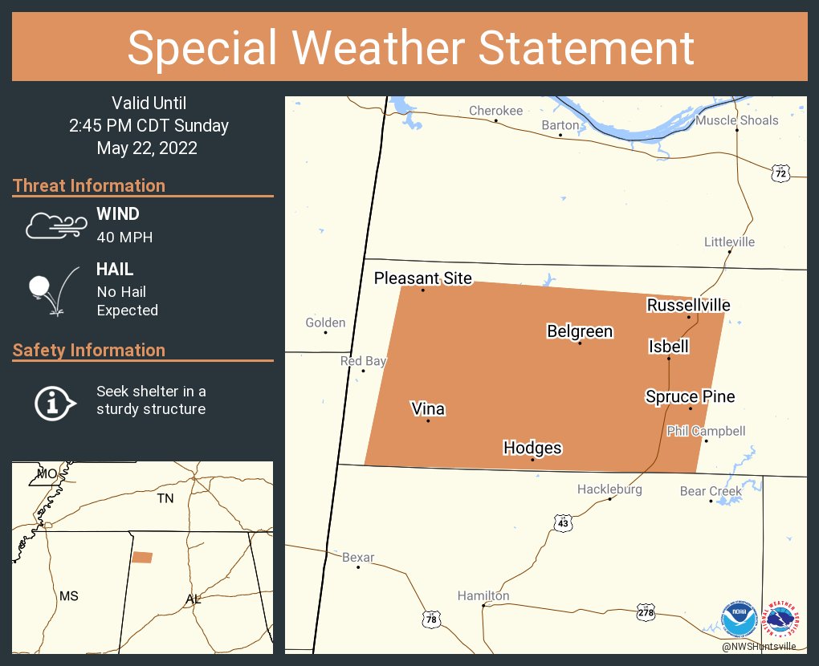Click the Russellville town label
click(688, 305)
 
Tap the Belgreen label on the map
click(579, 331)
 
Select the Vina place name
click(427, 409)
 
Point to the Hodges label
click(532, 448)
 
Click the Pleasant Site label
click(422, 278)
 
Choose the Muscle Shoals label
click(736, 120)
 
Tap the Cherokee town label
click(495, 111)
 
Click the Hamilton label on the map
click(483, 595)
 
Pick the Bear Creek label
click(710, 491)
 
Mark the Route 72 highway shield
click(780, 173)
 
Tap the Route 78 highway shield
click(431, 619)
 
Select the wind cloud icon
click(54, 225)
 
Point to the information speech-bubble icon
click(54, 401)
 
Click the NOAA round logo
click(739, 619)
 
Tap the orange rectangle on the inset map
click(142, 557)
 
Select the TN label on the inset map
click(165, 499)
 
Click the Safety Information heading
click(89, 350)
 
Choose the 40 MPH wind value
click(124, 237)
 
